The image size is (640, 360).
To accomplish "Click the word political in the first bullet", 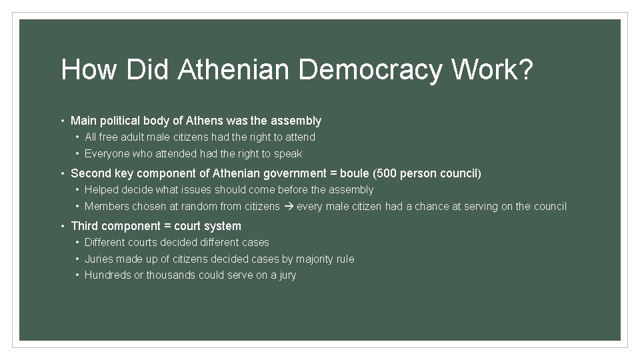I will pyautogui.click(x=122, y=121).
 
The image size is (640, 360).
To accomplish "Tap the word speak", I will pyautogui.click(x=288, y=153).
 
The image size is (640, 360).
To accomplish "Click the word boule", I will pyautogui.click(x=354, y=173).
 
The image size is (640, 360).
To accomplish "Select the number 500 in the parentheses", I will pyautogui.click(x=387, y=173).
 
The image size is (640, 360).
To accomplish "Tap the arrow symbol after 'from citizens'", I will pyautogui.click(x=288, y=206).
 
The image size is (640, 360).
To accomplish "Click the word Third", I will pyautogui.click(x=85, y=226).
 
